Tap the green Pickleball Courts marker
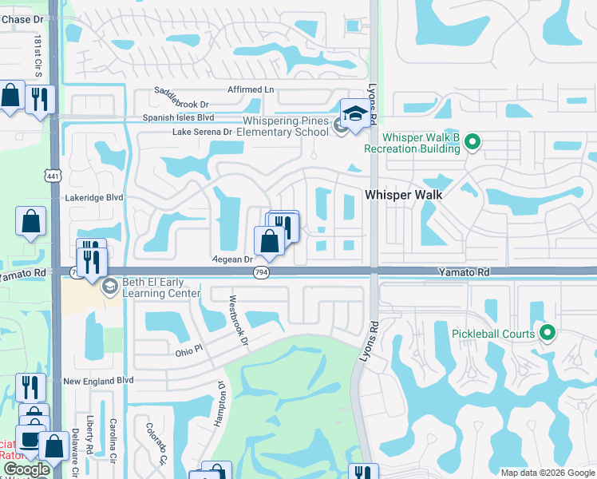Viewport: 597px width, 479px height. [548, 333]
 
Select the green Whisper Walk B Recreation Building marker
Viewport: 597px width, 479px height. [472, 142]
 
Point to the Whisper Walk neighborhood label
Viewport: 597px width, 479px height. [403, 194]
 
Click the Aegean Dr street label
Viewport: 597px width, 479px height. [232, 259]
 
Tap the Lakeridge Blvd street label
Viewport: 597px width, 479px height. [94, 196]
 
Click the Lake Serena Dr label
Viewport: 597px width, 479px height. [202, 132]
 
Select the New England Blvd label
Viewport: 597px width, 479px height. [97, 382]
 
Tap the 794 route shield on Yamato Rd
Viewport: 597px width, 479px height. [260, 273]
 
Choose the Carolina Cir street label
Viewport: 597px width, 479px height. [113, 435]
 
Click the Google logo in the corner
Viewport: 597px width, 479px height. [26, 470]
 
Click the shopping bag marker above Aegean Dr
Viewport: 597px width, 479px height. [270, 240]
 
